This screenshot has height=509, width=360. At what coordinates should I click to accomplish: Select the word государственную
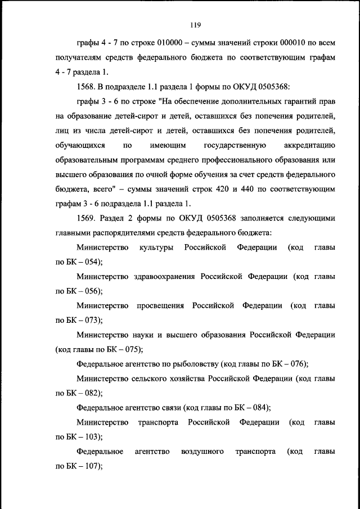coord(233,145)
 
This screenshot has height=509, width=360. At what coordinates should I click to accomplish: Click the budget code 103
coord(92,436)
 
